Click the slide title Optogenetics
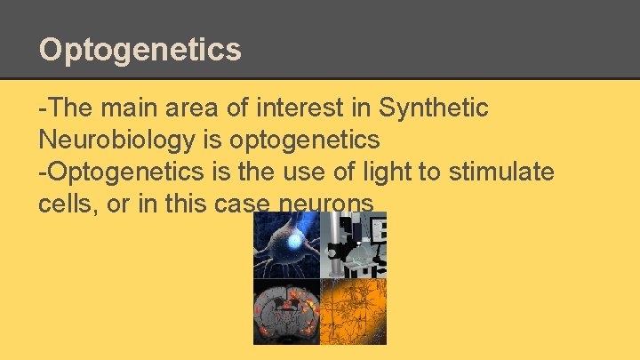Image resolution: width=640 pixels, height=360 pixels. (140, 49)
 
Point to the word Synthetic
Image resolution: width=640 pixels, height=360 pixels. (433, 108)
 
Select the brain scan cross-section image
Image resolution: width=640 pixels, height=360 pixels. (286, 311)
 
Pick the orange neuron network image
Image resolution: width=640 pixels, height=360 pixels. (353, 311)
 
